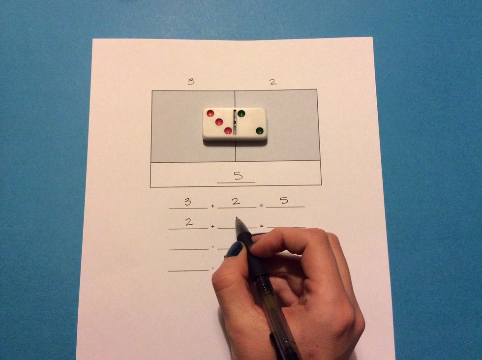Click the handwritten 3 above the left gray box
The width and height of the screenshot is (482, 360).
click(x=190, y=82)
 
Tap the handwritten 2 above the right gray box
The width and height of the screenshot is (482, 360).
click(x=272, y=82)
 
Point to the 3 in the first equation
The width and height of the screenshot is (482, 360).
click(x=187, y=202)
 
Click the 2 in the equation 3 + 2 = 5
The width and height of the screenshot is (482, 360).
click(x=236, y=201)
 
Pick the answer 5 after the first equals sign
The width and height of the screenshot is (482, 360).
click(x=284, y=201)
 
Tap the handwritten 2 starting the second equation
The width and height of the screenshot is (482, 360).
click(x=189, y=222)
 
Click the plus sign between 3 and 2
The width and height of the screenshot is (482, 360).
click(x=212, y=206)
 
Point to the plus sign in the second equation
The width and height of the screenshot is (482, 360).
click(x=212, y=227)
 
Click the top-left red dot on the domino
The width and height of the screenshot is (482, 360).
click(x=211, y=114)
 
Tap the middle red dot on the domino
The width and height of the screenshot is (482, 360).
click(x=219, y=122)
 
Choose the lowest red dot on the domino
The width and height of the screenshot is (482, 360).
click(x=228, y=131)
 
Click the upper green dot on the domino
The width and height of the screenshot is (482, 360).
click(x=241, y=114)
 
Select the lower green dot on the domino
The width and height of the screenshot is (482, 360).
click(x=259, y=131)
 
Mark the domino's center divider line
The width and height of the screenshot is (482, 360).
click(x=235, y=123)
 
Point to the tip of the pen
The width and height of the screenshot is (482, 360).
click(x=237, y=219)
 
